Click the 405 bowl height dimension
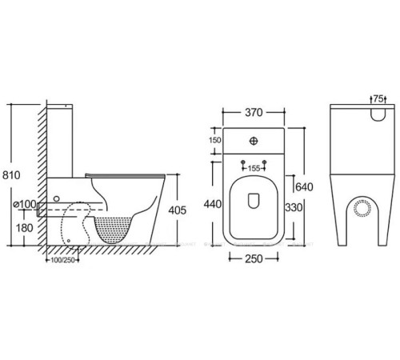[x=178, y=210]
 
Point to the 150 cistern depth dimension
[x=214, y=142]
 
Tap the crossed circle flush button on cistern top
[x=254, y=142]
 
